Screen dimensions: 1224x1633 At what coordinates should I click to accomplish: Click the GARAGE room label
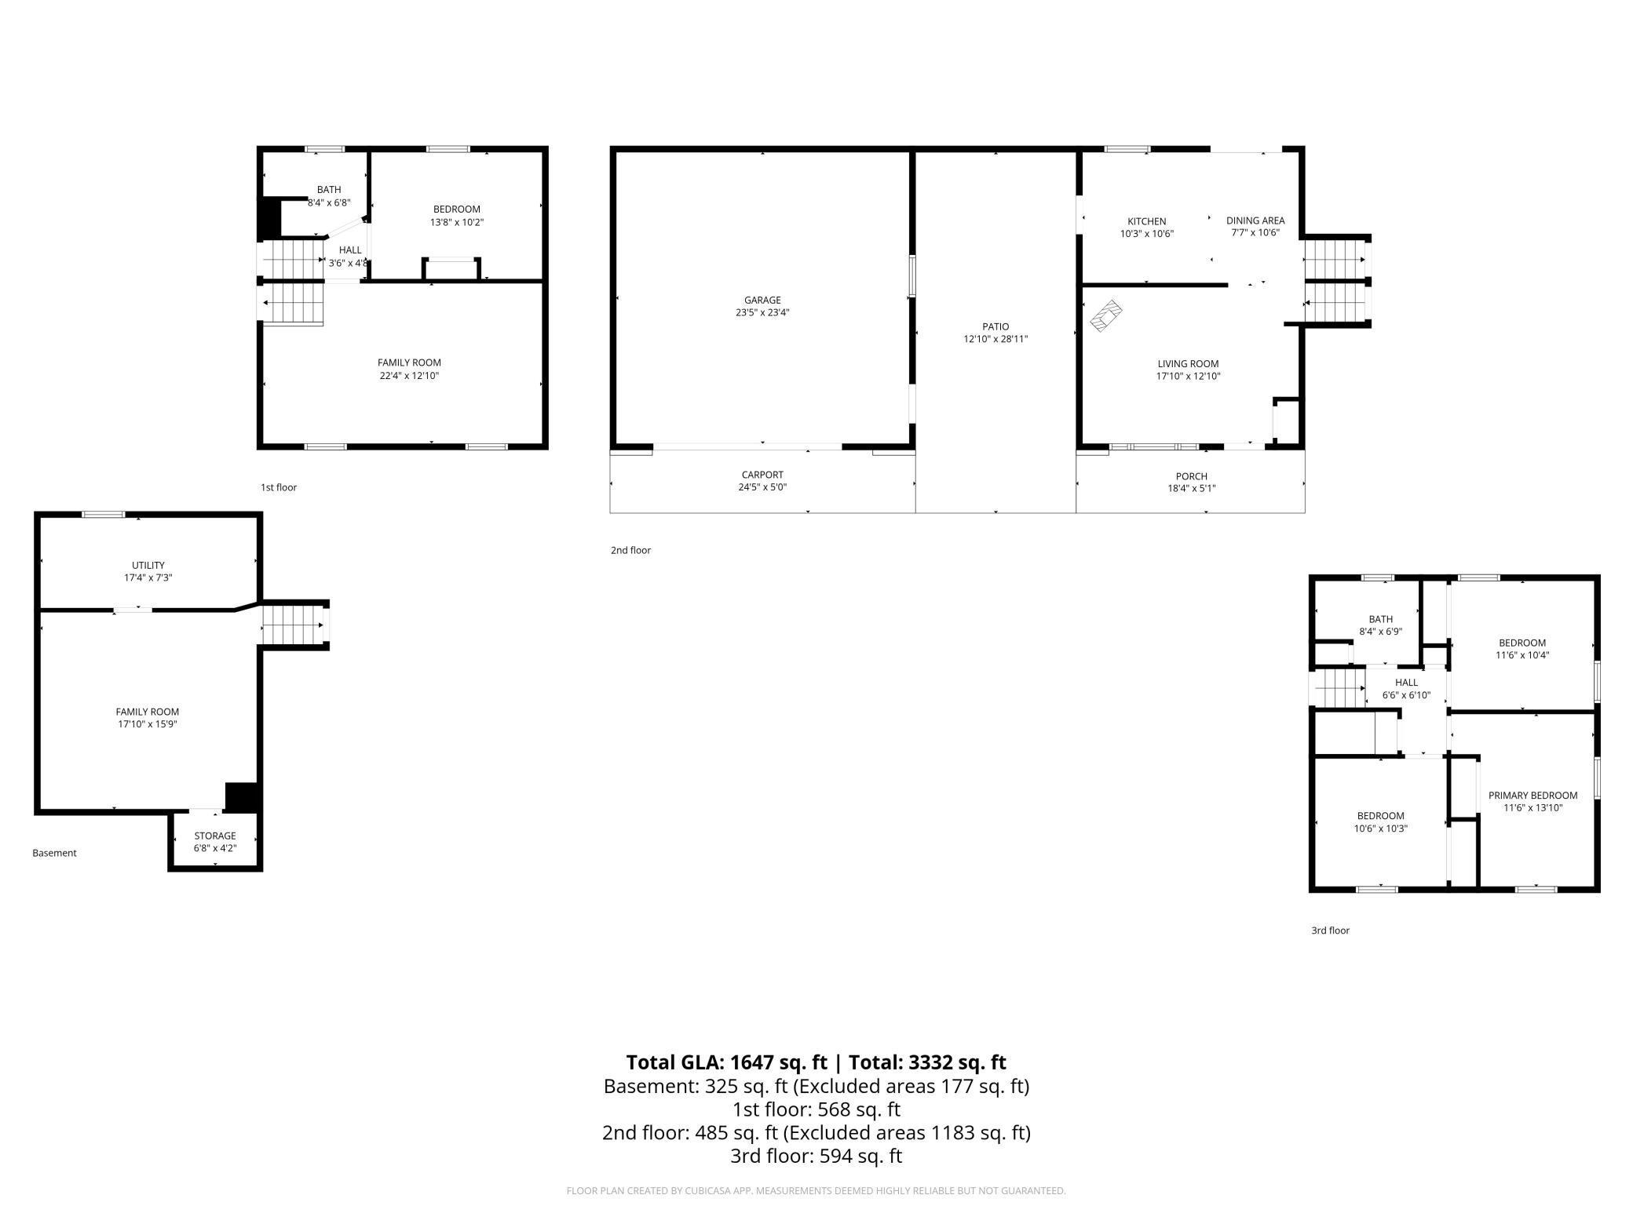pos(762,300)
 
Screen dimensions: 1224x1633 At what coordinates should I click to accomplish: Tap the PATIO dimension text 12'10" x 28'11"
pos(996,340)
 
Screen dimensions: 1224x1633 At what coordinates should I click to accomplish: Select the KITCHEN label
pos(1146,221)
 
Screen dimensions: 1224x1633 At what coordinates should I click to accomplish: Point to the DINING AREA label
pos(1255,220)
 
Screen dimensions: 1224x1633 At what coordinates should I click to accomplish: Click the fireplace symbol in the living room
pos(1107,315)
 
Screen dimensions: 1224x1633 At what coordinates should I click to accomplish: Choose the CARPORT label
pos(762,475)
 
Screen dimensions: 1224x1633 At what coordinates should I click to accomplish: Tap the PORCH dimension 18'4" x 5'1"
pos(1191,488)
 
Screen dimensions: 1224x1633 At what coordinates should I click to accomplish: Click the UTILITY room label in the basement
pos(148,565)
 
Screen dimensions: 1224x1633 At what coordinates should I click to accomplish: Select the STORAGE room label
pos(215,836)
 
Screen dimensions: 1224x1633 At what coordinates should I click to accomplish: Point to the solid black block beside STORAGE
pos(242,796)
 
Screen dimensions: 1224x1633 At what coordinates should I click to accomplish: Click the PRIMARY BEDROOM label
pos(1533,795)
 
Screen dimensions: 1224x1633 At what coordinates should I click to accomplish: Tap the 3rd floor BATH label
pos(1380,619)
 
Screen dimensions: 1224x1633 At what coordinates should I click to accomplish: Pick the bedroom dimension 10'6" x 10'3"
pos(1380,829)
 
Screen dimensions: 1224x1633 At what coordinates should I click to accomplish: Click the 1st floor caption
pos(279,487)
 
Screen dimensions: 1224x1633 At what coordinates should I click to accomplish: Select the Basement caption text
pos(54,853)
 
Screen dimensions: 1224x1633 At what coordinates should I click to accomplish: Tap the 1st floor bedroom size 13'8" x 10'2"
pos(456,222)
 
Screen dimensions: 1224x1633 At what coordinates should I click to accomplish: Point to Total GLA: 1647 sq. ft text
pos(726,1062)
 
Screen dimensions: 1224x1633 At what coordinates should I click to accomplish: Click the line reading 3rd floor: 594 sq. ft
pos(816,1156)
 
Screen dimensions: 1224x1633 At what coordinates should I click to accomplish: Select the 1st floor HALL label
pos(350,250)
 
